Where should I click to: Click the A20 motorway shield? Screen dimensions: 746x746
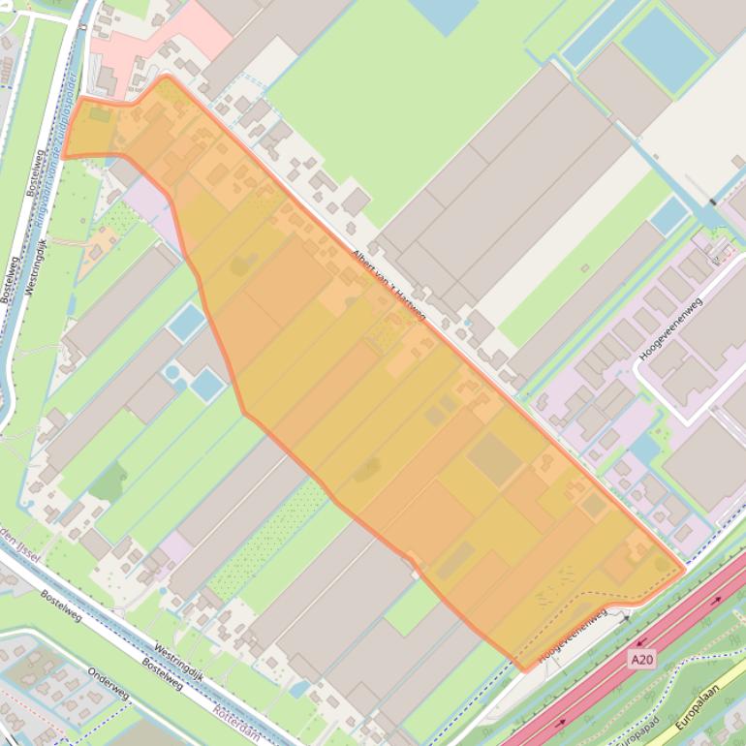click(x=640, y=659)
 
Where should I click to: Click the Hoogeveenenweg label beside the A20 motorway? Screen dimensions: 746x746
click(x=573, y=636)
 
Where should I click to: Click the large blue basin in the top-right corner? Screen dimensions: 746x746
click(x=665, y=48)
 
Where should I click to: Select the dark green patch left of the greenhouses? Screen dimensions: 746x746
click(x=109, y=482)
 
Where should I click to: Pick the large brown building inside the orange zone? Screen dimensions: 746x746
click(x=495, y=459)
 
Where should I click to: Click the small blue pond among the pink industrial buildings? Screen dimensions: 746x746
click(x=643, y=448)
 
